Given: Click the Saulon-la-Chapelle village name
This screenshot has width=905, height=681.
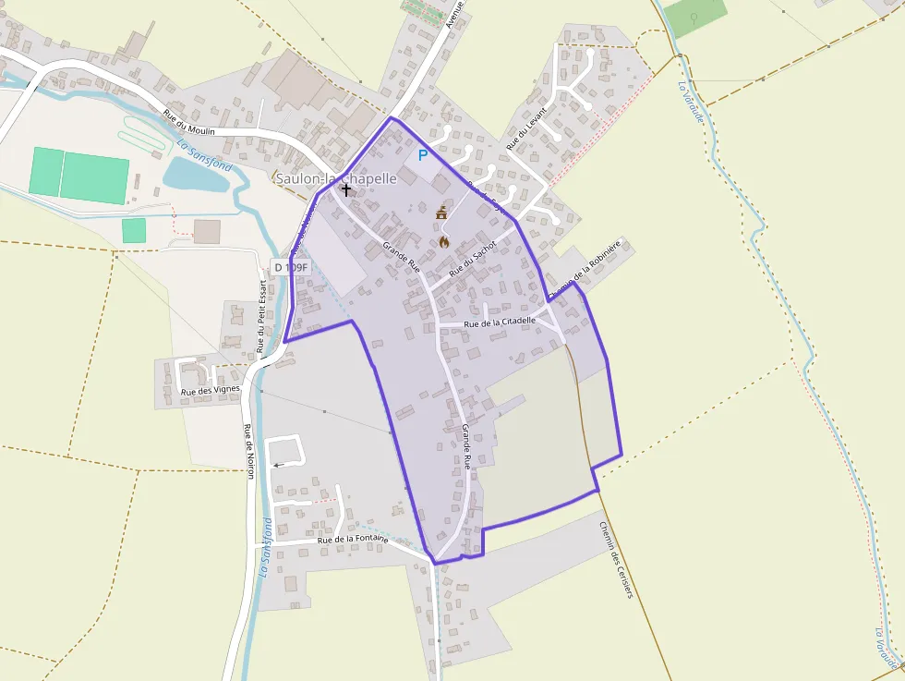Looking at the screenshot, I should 336,177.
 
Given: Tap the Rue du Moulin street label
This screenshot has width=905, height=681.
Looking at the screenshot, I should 189,124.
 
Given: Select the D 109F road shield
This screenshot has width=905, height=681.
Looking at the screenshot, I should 290,267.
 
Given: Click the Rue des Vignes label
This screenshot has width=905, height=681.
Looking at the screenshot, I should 211,391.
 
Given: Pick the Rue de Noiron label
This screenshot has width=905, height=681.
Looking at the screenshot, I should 248,451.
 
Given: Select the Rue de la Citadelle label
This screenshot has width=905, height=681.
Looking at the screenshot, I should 500,322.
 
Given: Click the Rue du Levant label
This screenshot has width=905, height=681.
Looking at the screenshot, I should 526,128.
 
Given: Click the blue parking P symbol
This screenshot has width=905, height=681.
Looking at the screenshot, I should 423,156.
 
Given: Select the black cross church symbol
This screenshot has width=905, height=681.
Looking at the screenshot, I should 346,189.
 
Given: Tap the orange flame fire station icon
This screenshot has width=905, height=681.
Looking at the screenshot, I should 444,242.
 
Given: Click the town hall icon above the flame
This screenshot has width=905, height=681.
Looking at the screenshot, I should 441,213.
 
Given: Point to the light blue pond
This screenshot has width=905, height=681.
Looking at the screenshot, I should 195,174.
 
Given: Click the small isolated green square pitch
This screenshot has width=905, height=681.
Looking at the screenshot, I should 134,230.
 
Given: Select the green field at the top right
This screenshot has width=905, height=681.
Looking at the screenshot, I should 694,16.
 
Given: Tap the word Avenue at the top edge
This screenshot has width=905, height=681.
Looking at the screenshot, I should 453,14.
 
